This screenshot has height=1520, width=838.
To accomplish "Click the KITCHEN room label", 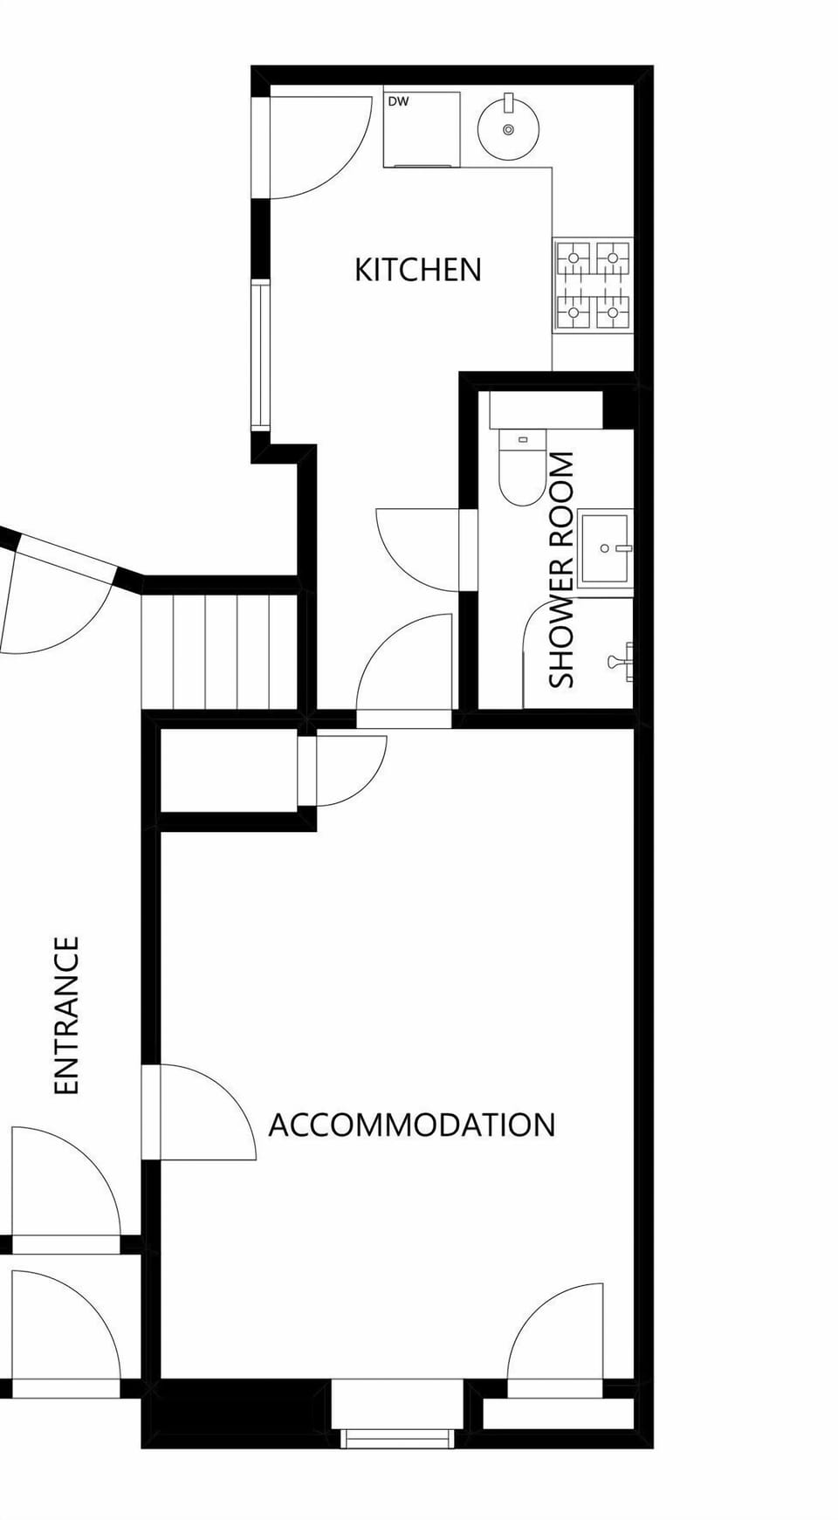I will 417,270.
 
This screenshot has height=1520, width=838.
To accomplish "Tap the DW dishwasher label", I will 398,102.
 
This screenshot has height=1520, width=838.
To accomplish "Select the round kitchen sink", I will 508,129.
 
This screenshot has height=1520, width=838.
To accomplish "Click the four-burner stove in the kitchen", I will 594,285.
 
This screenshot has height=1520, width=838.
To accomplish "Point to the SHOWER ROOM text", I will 562,569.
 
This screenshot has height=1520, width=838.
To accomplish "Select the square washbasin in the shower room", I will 605,548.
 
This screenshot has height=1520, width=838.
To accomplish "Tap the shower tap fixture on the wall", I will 622,660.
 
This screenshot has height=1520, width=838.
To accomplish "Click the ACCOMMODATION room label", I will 411,1125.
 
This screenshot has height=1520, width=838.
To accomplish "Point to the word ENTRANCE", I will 67,1014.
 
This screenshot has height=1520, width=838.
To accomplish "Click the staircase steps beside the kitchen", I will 220,650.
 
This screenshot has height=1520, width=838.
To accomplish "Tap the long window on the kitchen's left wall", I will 261,354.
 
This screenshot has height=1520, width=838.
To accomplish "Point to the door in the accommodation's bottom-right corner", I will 556,1336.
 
